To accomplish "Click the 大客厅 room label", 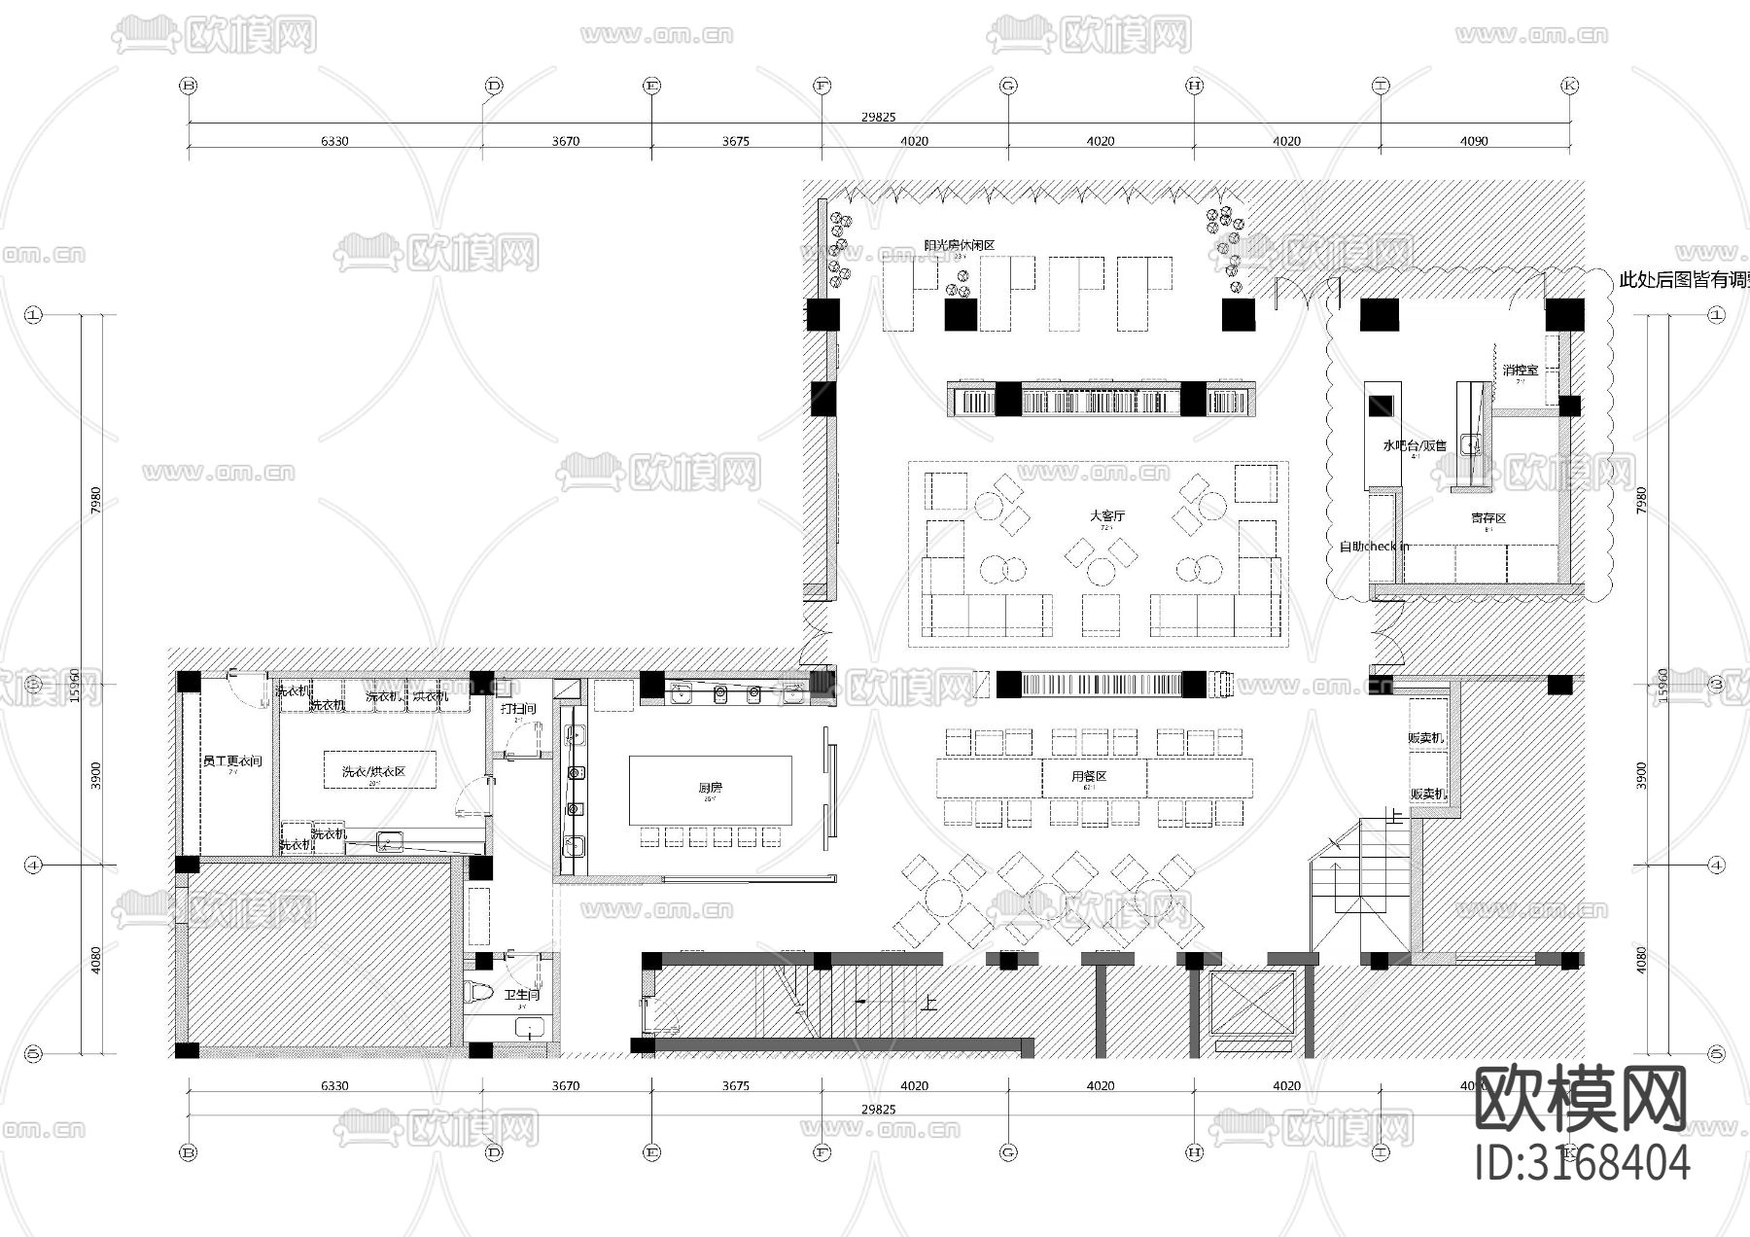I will pos(1106,516).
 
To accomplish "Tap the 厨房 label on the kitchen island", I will pos(710,788).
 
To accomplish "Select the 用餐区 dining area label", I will pos(1089,776).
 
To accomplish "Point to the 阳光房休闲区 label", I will pos(959,246).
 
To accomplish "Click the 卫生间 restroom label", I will pos(521,995).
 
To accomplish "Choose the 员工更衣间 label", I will pos(232,760).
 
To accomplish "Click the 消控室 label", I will pos(1521,371).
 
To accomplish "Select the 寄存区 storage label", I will pos(1487,518).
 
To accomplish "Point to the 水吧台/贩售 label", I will pos(1414,445).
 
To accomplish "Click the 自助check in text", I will pos(1374,547).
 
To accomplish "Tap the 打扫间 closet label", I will pos(518,709).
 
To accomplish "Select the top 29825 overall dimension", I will pos(878,117).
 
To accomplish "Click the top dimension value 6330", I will pos(334,141).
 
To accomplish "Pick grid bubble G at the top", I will pos(1008,86).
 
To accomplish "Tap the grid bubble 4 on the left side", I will pos(34,865).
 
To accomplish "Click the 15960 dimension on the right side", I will pos(1662,684).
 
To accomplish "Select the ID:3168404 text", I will pos(1583,1163).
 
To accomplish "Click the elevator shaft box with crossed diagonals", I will pos(1252,1002).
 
